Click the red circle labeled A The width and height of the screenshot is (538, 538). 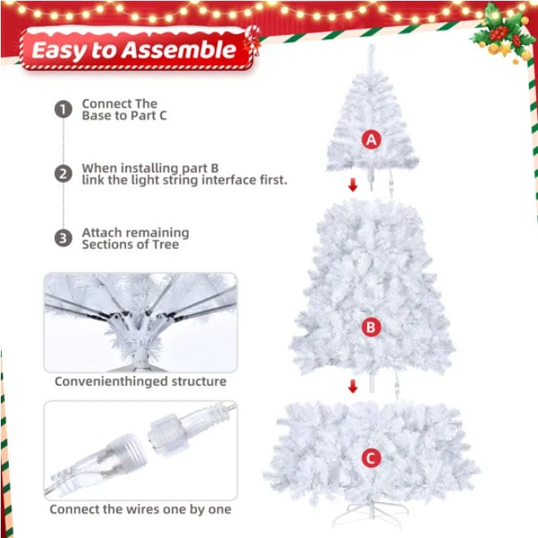[371, 140]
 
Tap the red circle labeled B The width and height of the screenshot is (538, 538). [371, 327]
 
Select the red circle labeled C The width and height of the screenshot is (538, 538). [371, 458]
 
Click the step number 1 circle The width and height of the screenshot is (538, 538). [63, 110]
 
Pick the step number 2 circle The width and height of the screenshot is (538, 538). [63, 174]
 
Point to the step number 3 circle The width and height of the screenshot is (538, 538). [63, 238]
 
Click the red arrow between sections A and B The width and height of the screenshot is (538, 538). [352, 186]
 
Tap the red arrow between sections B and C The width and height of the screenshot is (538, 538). [352, 386]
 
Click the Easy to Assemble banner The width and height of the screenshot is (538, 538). [133, 50]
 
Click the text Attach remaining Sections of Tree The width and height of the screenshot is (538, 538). [134, 238]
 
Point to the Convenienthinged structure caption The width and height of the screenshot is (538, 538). [140, 381]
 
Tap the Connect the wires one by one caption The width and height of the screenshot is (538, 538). [140, 510]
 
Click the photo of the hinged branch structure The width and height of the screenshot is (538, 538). [140, 321]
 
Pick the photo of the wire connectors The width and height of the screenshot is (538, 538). [140, 450]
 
